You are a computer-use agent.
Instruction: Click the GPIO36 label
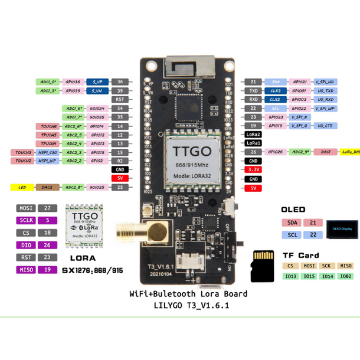pos(73,82)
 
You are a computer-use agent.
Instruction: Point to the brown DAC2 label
pos(47,187)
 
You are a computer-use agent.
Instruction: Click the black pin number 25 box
pos(120,187)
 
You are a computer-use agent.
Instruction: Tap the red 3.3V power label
pos(253,170)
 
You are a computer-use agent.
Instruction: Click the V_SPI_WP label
pos(325,109)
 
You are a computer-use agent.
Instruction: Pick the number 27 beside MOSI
pos(49,208)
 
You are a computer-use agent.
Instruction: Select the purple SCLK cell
pos(24,221)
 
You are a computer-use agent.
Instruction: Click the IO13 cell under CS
pos(290,276)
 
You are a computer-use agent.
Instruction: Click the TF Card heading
pos(300,256)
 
